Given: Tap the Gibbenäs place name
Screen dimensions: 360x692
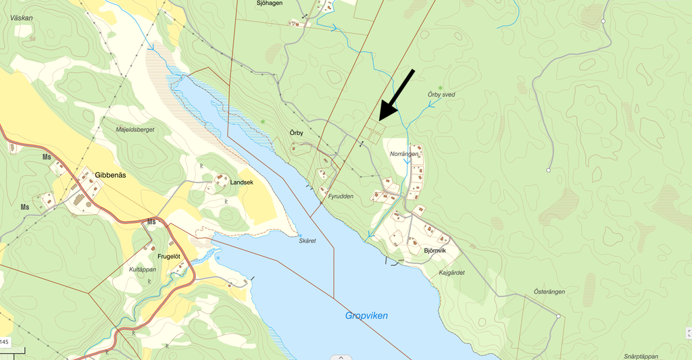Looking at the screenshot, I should click(110, 175).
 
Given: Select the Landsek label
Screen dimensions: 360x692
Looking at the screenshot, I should click(241, 182).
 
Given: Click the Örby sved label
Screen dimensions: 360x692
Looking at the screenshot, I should click(441, 95).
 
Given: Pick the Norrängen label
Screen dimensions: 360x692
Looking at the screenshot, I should click(404, 154).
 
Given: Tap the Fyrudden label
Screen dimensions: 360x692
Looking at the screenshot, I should click(341, 196).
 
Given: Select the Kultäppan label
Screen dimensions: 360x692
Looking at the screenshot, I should click(142, 269).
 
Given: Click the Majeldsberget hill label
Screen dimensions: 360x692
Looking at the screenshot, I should click(135, 130).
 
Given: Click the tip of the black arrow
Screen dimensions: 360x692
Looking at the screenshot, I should click(379, 120).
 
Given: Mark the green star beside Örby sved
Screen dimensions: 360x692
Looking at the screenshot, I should click(441, 88).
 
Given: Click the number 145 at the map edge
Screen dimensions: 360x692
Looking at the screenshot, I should click(4, 342).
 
